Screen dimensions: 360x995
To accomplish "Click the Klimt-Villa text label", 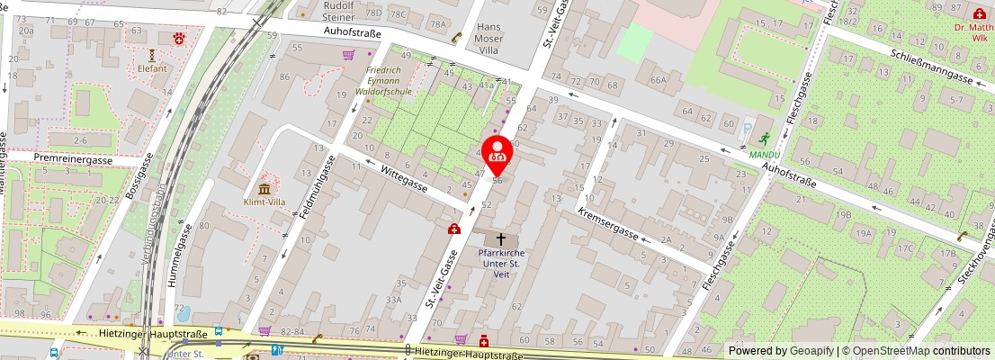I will (264, 202).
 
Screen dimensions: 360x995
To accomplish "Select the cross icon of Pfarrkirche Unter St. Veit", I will (501, 239).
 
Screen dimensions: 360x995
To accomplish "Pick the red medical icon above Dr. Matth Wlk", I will (979, 13).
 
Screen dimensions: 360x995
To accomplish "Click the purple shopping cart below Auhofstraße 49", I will (347, 55).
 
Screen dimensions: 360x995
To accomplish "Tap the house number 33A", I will (393, 300).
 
